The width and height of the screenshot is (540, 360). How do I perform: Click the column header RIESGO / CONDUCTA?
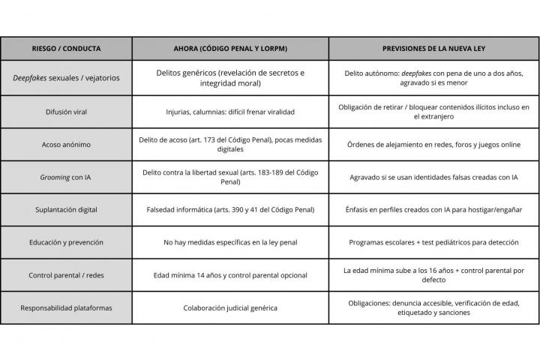tap(65, 48)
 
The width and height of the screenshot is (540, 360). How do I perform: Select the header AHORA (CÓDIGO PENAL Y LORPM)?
tap(229, 48)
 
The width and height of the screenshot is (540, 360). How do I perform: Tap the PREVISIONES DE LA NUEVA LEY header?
tap(433, 48)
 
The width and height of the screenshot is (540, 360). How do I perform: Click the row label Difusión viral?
tap(65, 112)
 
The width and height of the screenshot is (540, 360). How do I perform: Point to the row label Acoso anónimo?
tap(65, 144)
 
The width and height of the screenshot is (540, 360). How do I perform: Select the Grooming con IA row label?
tap(65, 177)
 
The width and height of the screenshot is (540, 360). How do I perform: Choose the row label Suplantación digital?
tap(65, 209)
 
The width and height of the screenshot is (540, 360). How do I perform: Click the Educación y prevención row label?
tap(65, 242)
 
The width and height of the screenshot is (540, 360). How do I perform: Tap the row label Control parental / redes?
tap(65, 275)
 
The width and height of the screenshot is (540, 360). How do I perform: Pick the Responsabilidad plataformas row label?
tap(65, 307)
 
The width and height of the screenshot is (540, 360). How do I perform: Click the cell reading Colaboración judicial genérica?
tap(229, 307)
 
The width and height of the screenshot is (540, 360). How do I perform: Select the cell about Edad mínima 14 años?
tap(229, 275)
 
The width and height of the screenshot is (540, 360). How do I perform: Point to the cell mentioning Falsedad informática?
tap(229, 209)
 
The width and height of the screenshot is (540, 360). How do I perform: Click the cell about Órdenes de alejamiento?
tap(433, 144)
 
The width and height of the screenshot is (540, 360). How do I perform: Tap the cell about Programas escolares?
tap(433, 242)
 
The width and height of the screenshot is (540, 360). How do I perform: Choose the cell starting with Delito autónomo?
tap(433, 78)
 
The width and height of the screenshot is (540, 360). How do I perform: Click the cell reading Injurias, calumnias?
tap(229, 112)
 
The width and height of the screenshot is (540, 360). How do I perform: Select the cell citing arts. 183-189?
tap(229, 177)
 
